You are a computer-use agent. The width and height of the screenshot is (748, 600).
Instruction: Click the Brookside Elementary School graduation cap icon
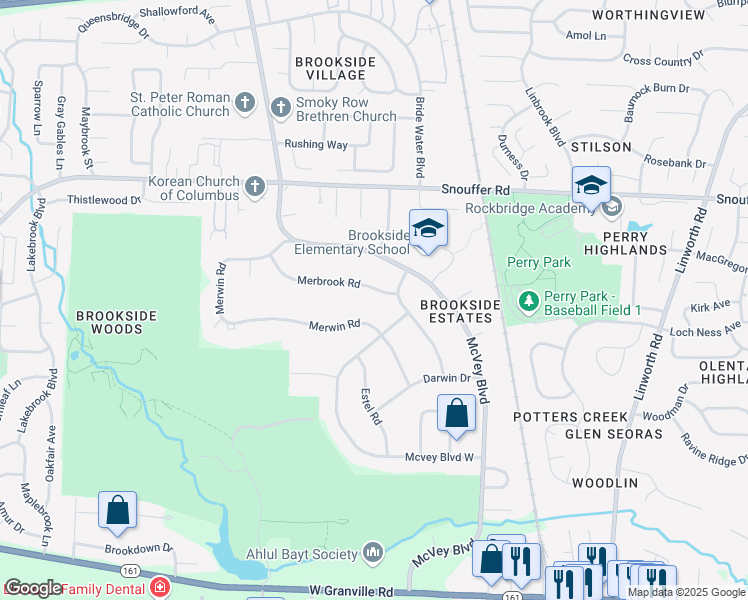pyautogui.click(x=428, y=229)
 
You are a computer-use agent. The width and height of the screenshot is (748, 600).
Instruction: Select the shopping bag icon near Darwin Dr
pyautogui.click(x=456, y=413)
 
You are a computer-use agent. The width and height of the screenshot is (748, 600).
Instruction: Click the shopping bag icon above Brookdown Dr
pyautogui.click(x=117, y=511)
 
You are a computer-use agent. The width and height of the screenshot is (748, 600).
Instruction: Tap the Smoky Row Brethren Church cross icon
pyautogui.click(x=280, y=107)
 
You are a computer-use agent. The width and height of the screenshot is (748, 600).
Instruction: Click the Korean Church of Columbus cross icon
pyautogui.click(x=255, y=186)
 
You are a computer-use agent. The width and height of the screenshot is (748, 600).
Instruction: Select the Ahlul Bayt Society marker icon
pyautogui.click(x=373, y=552)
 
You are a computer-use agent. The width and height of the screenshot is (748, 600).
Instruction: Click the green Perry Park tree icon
pyautogui.click(x=527, y=300)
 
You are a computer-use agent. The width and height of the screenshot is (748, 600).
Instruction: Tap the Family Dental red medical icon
pyautogui.click(x=159, y=587)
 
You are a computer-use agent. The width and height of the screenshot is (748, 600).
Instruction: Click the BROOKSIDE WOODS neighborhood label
pyautogui.click(x=116, y=322)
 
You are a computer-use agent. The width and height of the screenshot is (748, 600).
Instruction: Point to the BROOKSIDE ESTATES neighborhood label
pyautogui.click(x=457, y=310)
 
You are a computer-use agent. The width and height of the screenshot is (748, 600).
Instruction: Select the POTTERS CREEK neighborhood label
pyautogui.click(x=570, y=416)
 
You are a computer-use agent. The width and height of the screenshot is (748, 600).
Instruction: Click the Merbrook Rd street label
pyautogui.click(x=328, y=282)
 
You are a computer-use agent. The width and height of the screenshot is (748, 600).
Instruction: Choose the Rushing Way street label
pyautogui.click(x=316, y=144)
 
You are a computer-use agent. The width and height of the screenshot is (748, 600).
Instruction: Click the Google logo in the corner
pyautogui.click(x=34, y=588)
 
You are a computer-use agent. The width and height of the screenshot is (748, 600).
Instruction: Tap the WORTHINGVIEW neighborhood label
pyautogui.click(x=655, y=15)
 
